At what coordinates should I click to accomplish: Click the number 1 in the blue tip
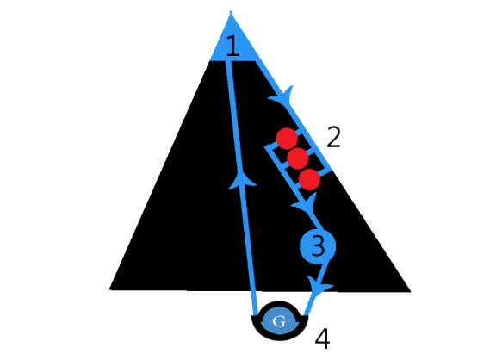[233, 47]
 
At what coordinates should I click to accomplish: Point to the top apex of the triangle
[231, 12]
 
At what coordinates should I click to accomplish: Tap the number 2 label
[333, 137]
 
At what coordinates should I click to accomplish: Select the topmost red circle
[287, 139]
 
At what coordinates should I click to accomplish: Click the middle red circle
[298, 158]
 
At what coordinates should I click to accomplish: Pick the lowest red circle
[309, 179]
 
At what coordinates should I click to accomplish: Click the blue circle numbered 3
[318, 246]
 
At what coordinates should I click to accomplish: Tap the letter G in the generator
[279, 321]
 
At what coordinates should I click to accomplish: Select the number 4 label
[323, 338]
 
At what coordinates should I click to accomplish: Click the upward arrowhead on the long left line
[242, 180]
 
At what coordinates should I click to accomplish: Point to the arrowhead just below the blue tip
[282, 95]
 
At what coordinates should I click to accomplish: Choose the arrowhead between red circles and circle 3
[305, 203]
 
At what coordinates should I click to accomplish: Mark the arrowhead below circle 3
[319, 285]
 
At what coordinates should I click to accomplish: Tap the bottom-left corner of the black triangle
[109, 289]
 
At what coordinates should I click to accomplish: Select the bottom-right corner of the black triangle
[411, 291]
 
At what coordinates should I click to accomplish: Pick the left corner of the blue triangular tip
[210, 60]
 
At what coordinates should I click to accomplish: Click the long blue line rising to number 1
[241, 188]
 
